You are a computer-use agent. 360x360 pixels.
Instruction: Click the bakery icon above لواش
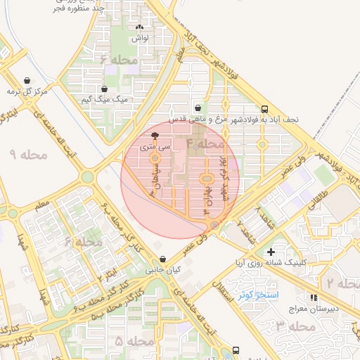tap(140, 28)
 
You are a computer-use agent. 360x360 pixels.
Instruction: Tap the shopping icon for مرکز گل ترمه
tap(27, 81)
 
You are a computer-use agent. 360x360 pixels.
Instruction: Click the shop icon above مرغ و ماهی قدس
tap(198, 108)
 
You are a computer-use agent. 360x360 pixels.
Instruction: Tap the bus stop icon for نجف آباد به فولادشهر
tap(264, 109)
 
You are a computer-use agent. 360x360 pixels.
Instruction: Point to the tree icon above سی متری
tap(155, 136)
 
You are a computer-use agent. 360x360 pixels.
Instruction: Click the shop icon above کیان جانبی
tap(163, 259)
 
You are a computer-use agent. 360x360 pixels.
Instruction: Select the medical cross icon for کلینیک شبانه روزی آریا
tap(271, 251)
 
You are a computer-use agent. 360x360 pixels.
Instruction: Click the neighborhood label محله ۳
tap(294, 326)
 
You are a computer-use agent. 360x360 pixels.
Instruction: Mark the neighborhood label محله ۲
tap(341, 283)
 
